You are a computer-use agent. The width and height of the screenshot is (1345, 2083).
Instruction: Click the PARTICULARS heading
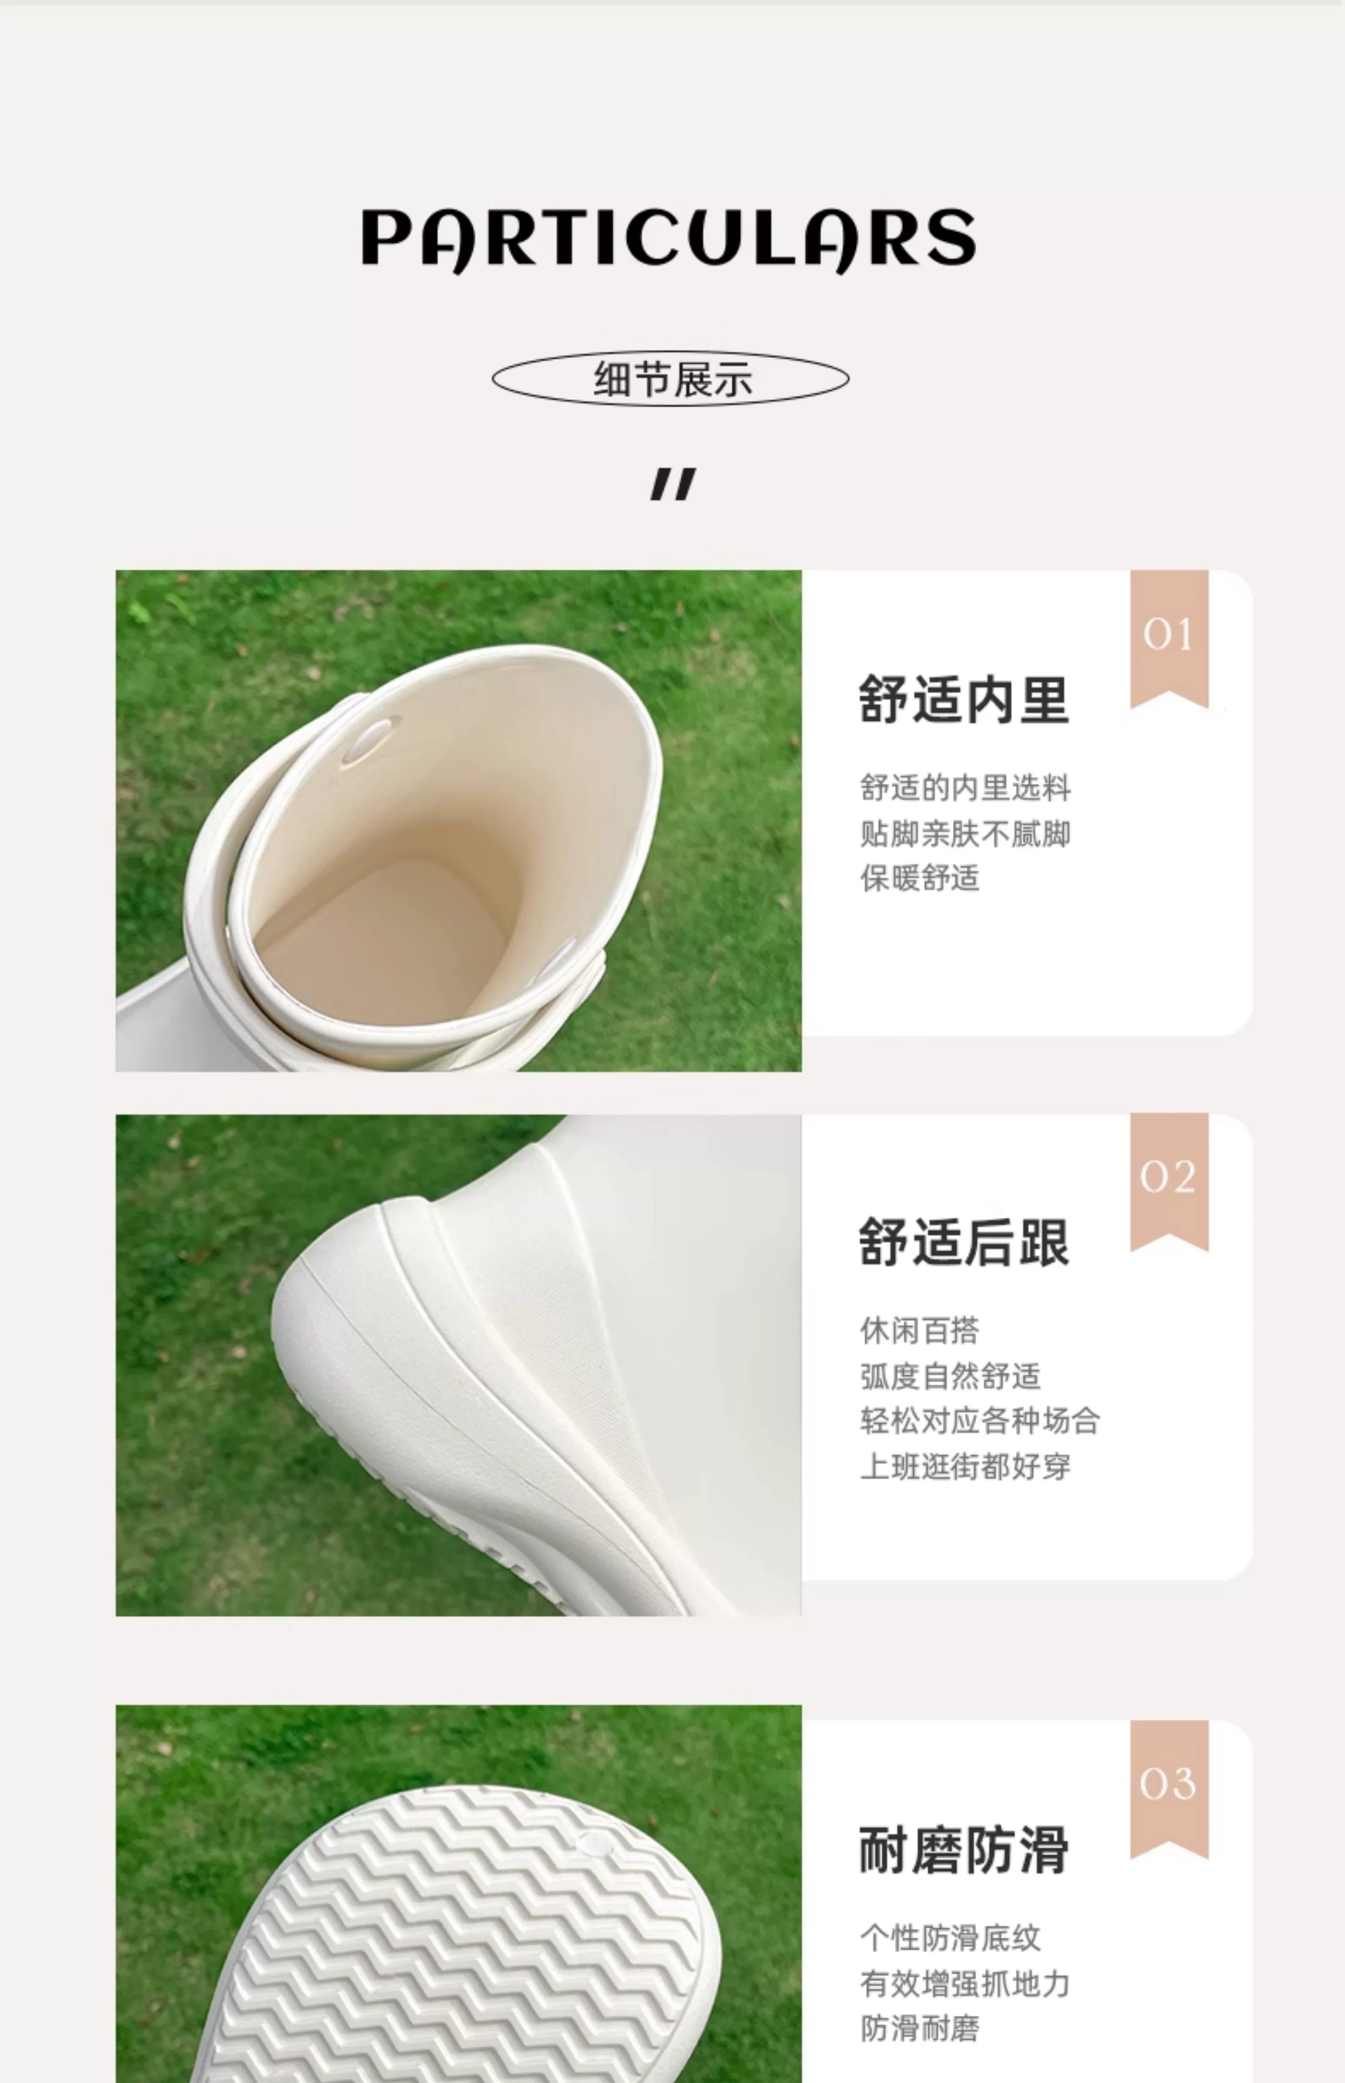point(669,239)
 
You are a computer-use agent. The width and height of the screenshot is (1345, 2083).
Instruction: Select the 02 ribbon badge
point(1169,1181)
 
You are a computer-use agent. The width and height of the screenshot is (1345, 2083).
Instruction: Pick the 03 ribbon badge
point(1169,1788)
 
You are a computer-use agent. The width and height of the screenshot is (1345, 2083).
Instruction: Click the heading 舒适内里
point(964,700)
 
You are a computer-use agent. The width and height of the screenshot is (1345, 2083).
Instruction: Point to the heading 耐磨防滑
point(964,1850)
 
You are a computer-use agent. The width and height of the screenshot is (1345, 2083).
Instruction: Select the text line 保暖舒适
point(920,878)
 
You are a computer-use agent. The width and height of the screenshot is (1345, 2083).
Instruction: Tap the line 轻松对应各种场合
point(980,1421)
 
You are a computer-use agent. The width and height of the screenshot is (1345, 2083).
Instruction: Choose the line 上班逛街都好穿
point(965,1466)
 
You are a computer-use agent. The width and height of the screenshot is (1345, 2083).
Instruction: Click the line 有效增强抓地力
point(965,1983)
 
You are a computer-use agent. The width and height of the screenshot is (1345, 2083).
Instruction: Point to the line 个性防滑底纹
point(950,1938)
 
